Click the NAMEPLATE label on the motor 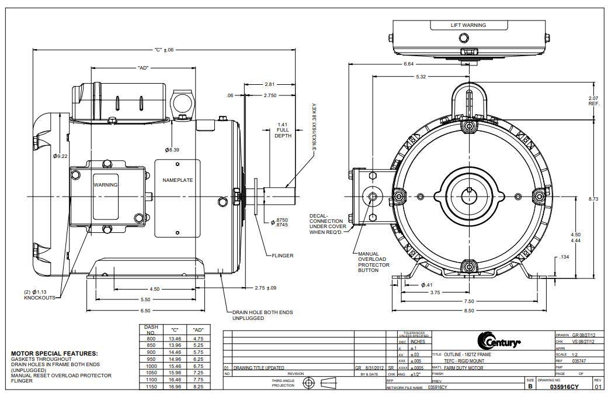coord(177,180)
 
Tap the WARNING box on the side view coord(106,185)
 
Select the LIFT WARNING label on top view coord(468,25)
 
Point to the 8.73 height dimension coord(593,199)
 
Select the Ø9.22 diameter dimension coord(60,156)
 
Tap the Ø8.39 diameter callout coord(172,150)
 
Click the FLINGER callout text coord(282,256)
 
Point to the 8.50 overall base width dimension coord(469,311)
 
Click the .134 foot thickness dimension coord(564,257)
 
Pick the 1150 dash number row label coord(151,387)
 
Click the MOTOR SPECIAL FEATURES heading coord(54,353)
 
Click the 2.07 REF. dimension coord(593,101)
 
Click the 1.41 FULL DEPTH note coord(282,130)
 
